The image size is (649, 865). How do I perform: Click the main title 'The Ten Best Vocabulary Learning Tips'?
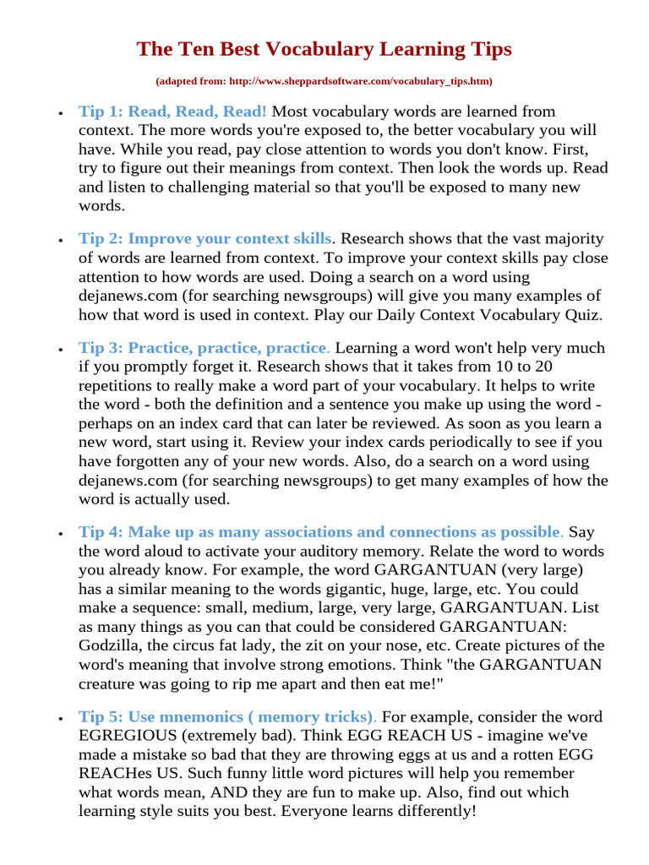(x=324, y=50)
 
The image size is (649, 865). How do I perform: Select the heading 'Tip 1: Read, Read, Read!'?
(x=173, y=112)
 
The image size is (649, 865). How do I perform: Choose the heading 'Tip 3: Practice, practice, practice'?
(x=203, y=348)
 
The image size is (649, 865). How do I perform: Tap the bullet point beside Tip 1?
(x=59, y=113)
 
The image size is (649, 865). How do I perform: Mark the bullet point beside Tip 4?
(x=59, y=534)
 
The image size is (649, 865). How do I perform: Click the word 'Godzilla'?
(x=112, y=626)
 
